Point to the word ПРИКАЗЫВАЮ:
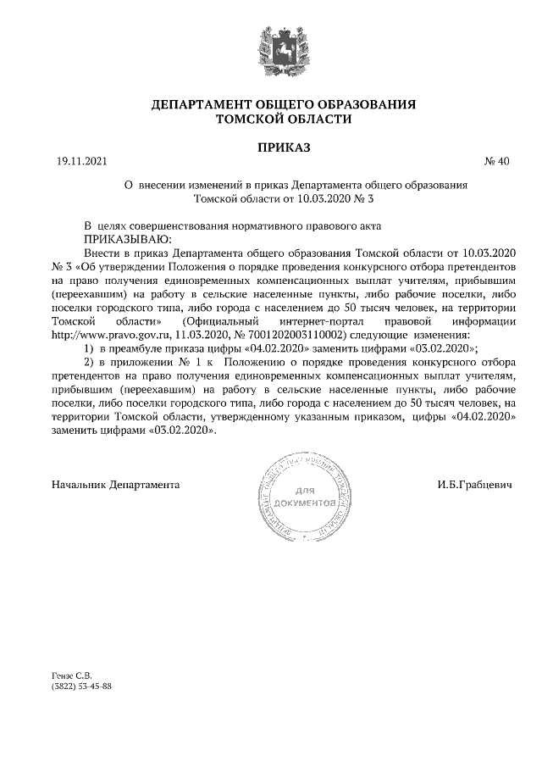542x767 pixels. tap(127, 240)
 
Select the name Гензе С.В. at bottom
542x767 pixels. tap(71, 675)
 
